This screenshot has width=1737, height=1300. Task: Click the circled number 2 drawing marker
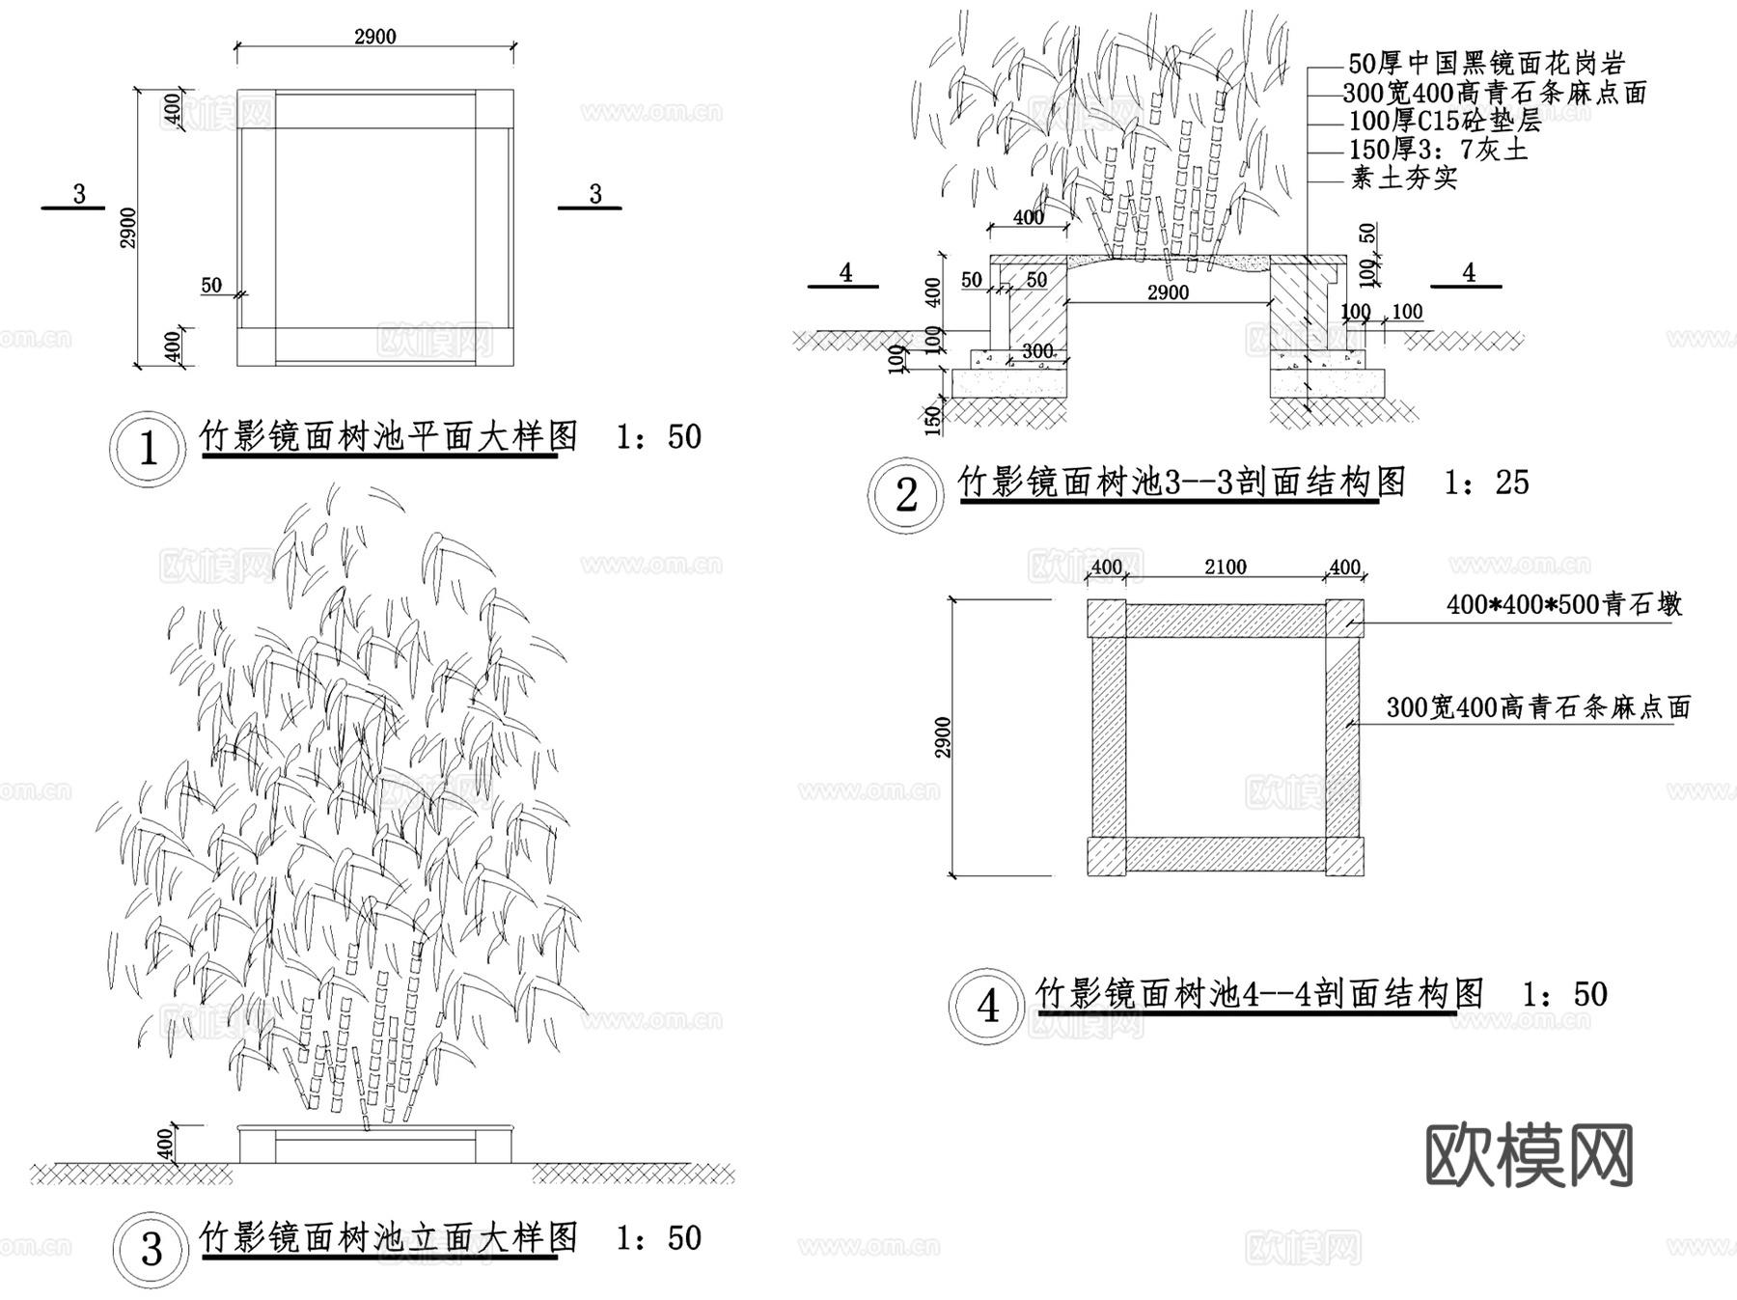[x=905, y=495]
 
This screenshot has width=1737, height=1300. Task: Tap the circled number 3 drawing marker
[x=151, y=1250]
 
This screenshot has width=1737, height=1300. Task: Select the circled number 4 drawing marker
[x=987, y=1007]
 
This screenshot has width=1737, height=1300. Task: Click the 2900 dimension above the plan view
[x=374, y=37]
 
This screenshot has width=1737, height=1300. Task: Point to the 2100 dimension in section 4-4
[x=1225, y=567]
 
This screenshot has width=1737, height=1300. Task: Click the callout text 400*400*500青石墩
[x=1563, y=605]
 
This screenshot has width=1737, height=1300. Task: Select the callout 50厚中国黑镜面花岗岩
[x=1486, y=64]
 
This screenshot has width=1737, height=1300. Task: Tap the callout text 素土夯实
[x=1403, y=178]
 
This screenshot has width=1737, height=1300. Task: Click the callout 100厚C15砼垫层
[x=1445, y=121]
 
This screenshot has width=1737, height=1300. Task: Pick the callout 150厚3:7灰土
[x=1438, y=150]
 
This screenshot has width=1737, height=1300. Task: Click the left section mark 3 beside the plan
[x=79, y=195]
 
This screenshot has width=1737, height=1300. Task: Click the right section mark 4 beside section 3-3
[x=1468, y=273]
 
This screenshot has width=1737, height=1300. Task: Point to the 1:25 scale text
[x=1486, y=483]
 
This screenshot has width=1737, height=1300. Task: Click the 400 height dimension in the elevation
[x=165, y=1145]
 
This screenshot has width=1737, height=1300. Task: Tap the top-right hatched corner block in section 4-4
[x=1343, y=619]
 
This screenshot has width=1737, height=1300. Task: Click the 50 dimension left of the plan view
[x=211, y=286]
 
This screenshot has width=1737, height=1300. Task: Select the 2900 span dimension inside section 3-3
[x=1168, y=292]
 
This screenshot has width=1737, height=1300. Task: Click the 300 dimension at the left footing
[x=1037, y=350]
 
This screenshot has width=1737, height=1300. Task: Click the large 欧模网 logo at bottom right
[x=1529, y=1155]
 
